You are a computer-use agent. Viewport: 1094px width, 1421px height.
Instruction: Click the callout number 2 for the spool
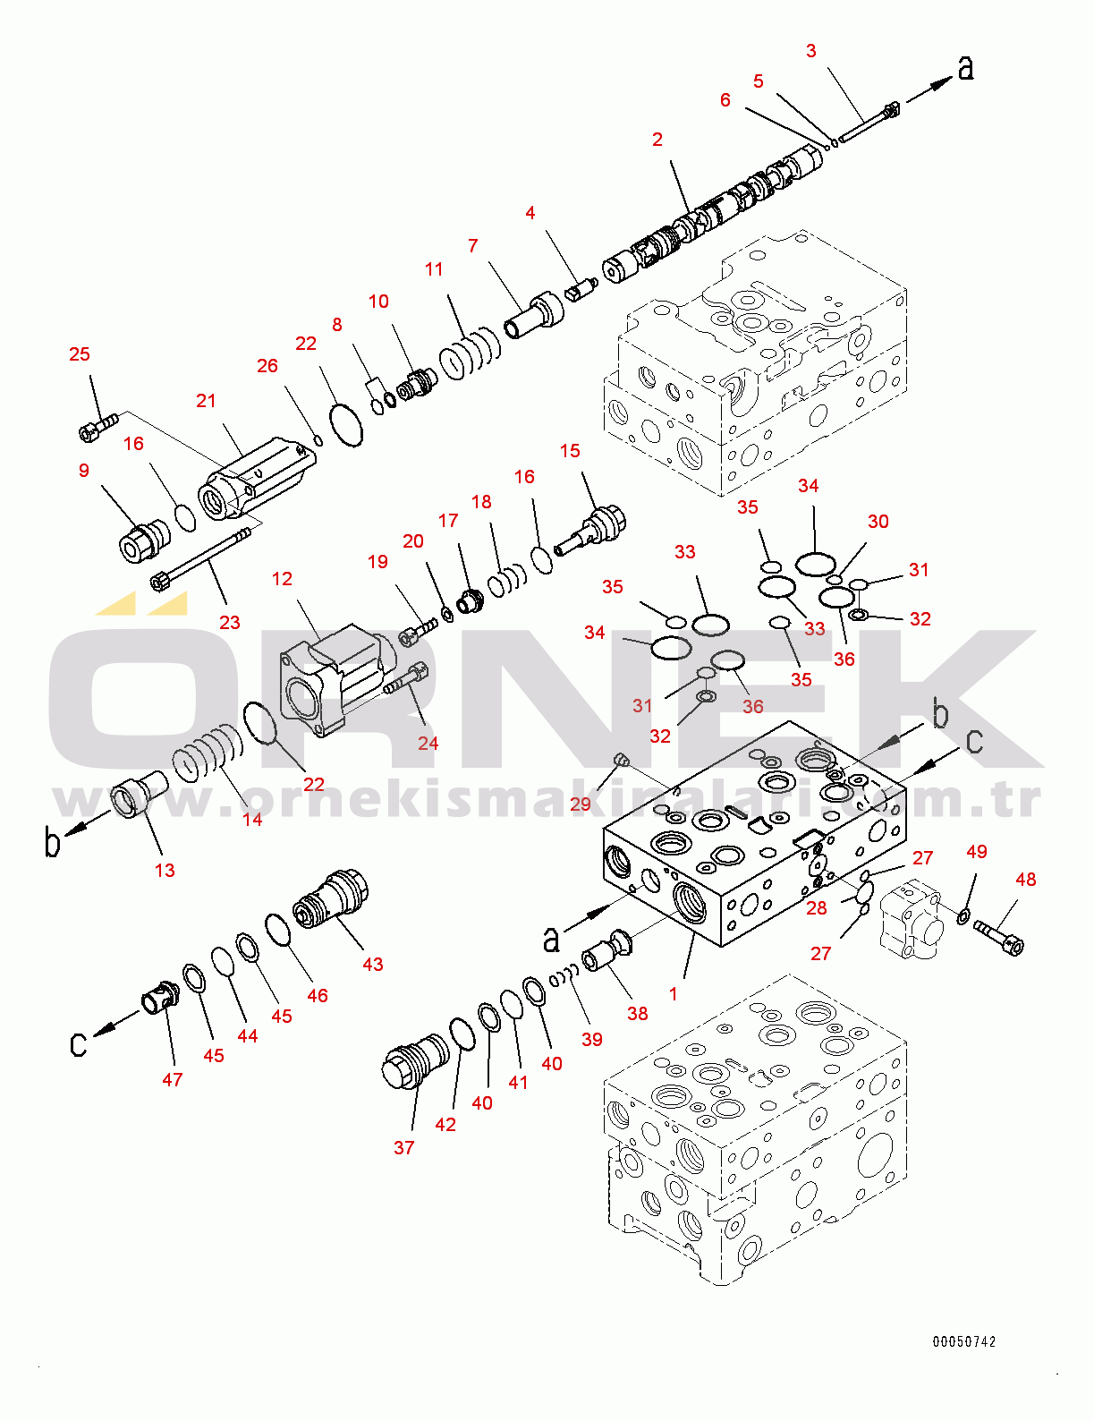[657, 140]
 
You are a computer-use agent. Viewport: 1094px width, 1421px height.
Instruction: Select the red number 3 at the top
[810, 51]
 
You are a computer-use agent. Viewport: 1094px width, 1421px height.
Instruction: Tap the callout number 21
[206, 401]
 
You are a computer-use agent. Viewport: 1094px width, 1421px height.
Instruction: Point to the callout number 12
[282, 579]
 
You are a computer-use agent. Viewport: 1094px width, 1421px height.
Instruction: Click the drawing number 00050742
[963, 1341]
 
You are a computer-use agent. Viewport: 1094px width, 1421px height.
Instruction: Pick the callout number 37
[403, 1147]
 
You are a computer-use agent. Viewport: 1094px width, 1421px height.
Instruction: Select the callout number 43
[372, 964]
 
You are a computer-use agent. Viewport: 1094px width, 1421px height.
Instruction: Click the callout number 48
[1025, 880]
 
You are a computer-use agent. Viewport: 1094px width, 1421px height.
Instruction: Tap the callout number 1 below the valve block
[674, 993]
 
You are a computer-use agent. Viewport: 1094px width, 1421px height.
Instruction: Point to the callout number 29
[581, 804]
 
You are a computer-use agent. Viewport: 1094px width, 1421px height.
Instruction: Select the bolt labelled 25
[98, 426]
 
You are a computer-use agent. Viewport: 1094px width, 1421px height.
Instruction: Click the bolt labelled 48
[998, 936]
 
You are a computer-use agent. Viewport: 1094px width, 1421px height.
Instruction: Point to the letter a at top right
[965, 67]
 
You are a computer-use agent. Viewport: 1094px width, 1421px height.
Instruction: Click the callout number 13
[165, 870]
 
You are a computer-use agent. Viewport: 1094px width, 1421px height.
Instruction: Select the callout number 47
[173, 1079]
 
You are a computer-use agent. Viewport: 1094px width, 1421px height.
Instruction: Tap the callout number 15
[570, 451]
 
